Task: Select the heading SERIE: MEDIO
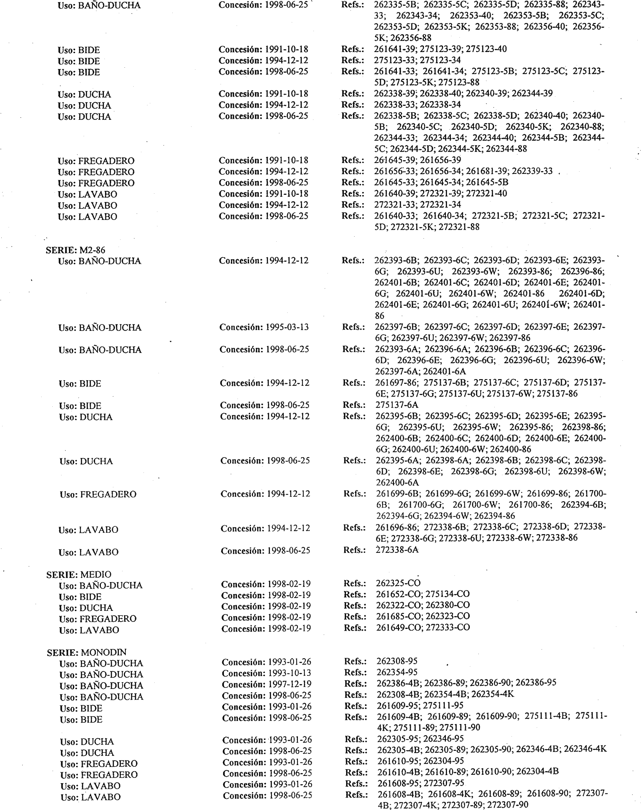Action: pyautogui.click(x=79, y=574)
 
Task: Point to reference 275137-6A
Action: pyautogui.click(x=397, y=405)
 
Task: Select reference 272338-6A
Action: pyautogui.click(x=397, y=549)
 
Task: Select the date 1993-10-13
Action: pyautogui.click(x=289, y=673)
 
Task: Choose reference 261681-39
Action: pyautogui.click(x=486, y=171)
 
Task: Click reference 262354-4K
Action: pyautogui.click(x=492, y=694)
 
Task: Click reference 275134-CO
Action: pyautogui.click(x=447, y=594)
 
